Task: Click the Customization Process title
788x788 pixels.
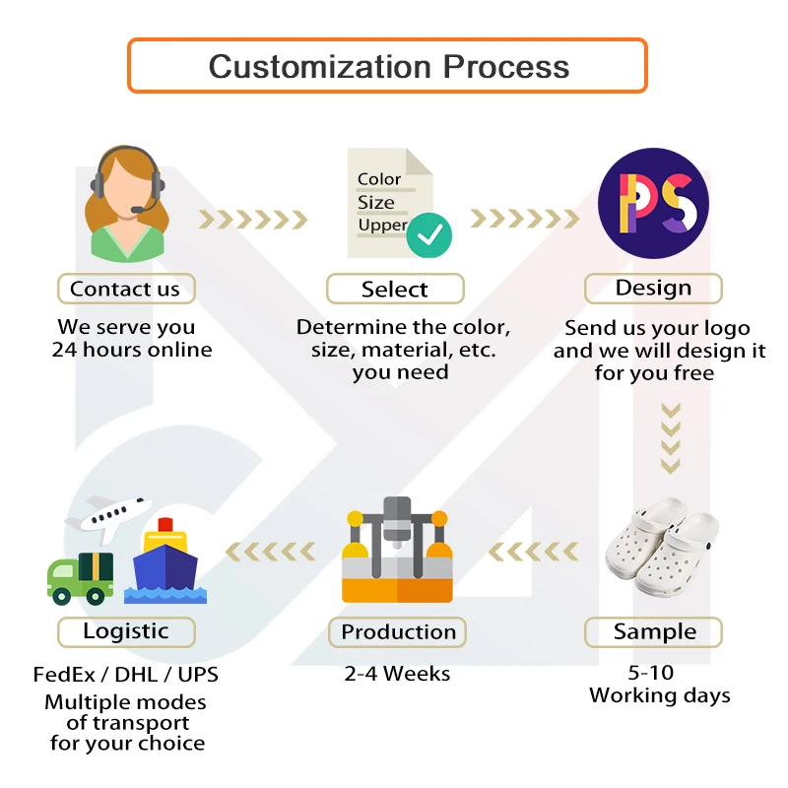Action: pos(388,66)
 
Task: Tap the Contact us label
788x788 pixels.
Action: pos(125,289)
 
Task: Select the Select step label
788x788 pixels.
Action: pos(394,289)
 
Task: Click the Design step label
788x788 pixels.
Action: pos(653,288)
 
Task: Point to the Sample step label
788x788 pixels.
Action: pos(654,631)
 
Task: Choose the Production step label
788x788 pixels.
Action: pos(398,631)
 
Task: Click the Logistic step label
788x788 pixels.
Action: pos(125,631)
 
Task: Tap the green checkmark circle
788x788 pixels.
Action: pos(429,234)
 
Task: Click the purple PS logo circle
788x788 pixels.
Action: pos(653,203)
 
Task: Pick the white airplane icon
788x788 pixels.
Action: pos(102,518)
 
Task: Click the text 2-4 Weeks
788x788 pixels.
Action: pos(397,674)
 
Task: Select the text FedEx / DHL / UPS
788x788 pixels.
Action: pos(125,675)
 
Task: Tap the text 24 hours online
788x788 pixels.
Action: pos(131,349)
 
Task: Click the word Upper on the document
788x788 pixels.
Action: pos(382,225)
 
